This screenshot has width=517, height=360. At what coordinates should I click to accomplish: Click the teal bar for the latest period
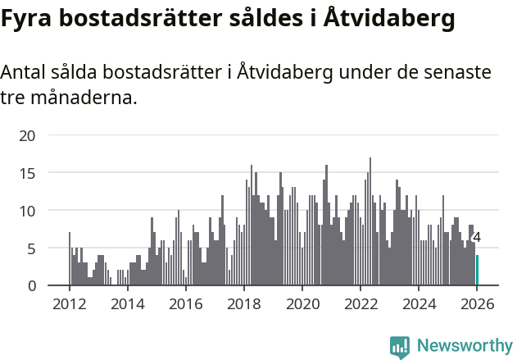[477, 271]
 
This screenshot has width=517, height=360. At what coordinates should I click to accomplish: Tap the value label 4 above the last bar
[477, 238]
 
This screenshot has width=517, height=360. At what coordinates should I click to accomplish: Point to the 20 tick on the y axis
[27, 135]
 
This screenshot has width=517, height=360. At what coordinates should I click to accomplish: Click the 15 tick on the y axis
[27, 173]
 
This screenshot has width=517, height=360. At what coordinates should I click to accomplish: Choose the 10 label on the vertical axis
[27, 211]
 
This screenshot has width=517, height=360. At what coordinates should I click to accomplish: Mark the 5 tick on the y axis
[31, 248]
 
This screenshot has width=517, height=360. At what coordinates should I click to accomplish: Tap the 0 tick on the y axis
[31, 285]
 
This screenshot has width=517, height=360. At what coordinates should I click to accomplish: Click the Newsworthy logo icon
[400, 347]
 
